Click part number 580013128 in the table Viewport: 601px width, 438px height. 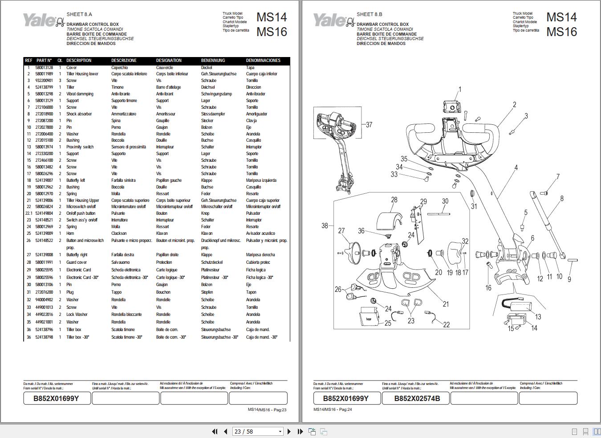click(44, 68)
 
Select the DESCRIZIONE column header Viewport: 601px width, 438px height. click(124, 61)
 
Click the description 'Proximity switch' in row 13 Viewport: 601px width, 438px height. click(80, 147)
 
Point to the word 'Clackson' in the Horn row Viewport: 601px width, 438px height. click(119, 233)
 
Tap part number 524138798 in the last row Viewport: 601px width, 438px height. click(44, 337)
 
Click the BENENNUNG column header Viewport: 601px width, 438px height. click(213, 61)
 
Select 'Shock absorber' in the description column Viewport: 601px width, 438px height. click(79, 114)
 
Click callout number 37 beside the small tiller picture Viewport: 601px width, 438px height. click(369, 125)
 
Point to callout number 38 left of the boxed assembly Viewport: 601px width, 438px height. click(325, 226)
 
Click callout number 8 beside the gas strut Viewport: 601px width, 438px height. click(561, 199)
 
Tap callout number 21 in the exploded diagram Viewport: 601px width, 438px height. click(446, 304)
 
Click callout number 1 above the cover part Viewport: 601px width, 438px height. click(460, 90)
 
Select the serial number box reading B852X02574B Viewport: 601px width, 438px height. click(417, 398)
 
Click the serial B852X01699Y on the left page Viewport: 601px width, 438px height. click(57, 398)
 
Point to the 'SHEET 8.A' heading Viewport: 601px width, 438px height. click(79, 14)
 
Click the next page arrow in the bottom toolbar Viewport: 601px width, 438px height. click(289, 431)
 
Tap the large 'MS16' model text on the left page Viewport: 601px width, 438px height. click(272, 32)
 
